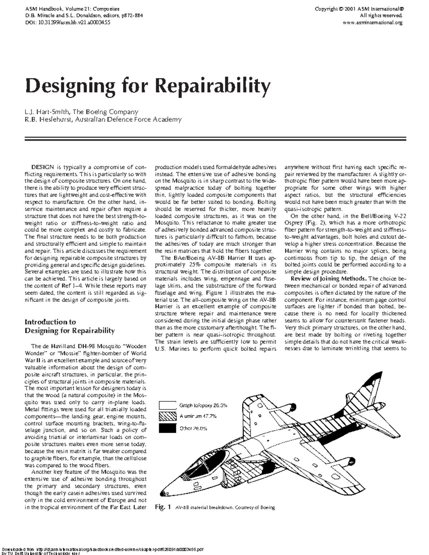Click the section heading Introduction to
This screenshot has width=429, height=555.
point(50,322)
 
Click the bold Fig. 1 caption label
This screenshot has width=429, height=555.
point(163,507)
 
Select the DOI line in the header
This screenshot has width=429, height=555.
point(67,22)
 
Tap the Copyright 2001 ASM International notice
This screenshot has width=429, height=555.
point(359,9)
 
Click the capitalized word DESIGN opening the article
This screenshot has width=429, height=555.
point(43,167)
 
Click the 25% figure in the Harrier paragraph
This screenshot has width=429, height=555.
point(194,264)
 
